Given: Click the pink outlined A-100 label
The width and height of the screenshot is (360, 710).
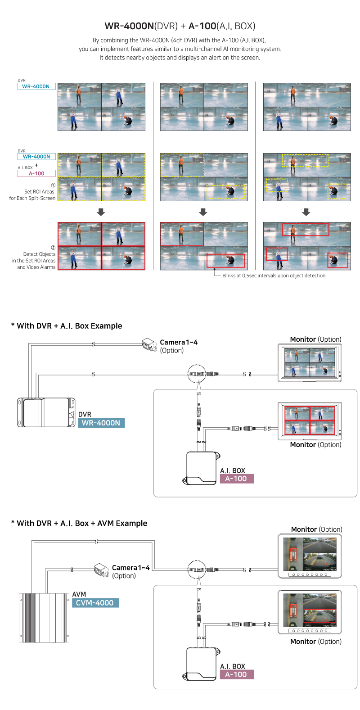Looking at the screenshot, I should [x=37, y=173].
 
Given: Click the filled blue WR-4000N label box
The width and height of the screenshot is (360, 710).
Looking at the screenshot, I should [x=101, y=423].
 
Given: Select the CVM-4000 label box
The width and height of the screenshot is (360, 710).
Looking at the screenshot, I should [x=95, y=603].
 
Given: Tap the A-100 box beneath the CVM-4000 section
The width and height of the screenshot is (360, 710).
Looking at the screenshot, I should [x=236, y=674].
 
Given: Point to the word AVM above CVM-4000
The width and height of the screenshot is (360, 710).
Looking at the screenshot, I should [x=79, y=594].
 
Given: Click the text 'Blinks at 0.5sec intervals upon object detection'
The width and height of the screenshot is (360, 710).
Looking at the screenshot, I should [x=274, y=276].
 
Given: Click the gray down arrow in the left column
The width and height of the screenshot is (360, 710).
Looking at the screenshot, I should [x=101, y=212].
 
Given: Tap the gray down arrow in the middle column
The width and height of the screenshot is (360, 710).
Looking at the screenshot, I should [x=203, y=212].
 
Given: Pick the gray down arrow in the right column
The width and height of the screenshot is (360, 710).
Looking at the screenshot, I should [x=306, y=212].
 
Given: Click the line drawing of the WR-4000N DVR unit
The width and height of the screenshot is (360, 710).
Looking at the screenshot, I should [x=46, y=412].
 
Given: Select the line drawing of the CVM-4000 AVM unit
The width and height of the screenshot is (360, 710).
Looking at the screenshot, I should [x=44, y=617].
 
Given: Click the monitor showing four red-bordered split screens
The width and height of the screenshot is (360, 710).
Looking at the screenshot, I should [x=310, y=421].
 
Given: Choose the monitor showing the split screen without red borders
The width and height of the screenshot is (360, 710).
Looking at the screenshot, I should [x=310, y=363].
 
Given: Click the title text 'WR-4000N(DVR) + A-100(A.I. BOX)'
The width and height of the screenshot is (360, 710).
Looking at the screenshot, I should [x=180, y=26].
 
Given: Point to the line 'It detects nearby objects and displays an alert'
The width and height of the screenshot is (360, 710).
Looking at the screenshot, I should [x=180, y=58].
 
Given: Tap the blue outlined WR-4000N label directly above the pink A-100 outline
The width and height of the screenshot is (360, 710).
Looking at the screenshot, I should [x=37, y=157].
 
